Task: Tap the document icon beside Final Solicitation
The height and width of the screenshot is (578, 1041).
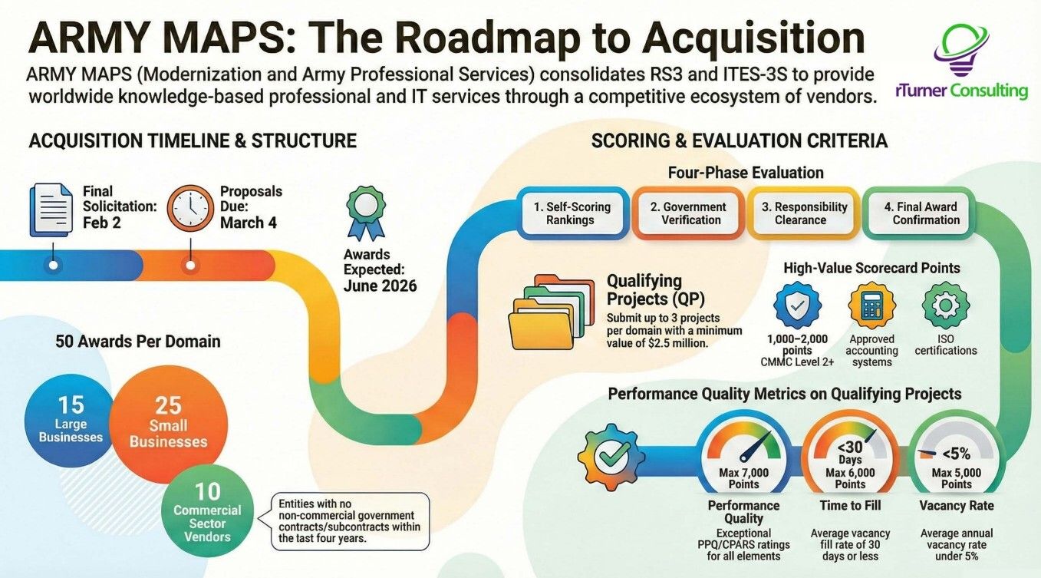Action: [51, 210]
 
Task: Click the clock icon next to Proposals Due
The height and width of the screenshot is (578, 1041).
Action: [190, 207]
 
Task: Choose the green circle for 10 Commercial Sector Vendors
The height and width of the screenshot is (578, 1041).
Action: [207, 511]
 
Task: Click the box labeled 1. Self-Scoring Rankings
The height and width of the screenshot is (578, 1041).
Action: [572, 213]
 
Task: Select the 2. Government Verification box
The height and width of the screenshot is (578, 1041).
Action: [688, 213]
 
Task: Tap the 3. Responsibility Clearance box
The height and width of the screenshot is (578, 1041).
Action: [803, 213]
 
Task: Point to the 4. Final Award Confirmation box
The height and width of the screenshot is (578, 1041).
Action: [918, 213]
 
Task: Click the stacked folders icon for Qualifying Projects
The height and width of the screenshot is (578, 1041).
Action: [551, 312]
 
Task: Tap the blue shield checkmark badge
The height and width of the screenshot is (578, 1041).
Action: [798, 306]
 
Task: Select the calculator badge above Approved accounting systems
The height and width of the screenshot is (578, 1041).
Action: [871, 306]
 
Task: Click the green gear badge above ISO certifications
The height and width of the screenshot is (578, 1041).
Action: [946, 306]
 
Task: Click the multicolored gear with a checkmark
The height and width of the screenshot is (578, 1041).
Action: [611, 457]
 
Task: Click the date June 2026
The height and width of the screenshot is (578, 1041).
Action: [380, 286]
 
